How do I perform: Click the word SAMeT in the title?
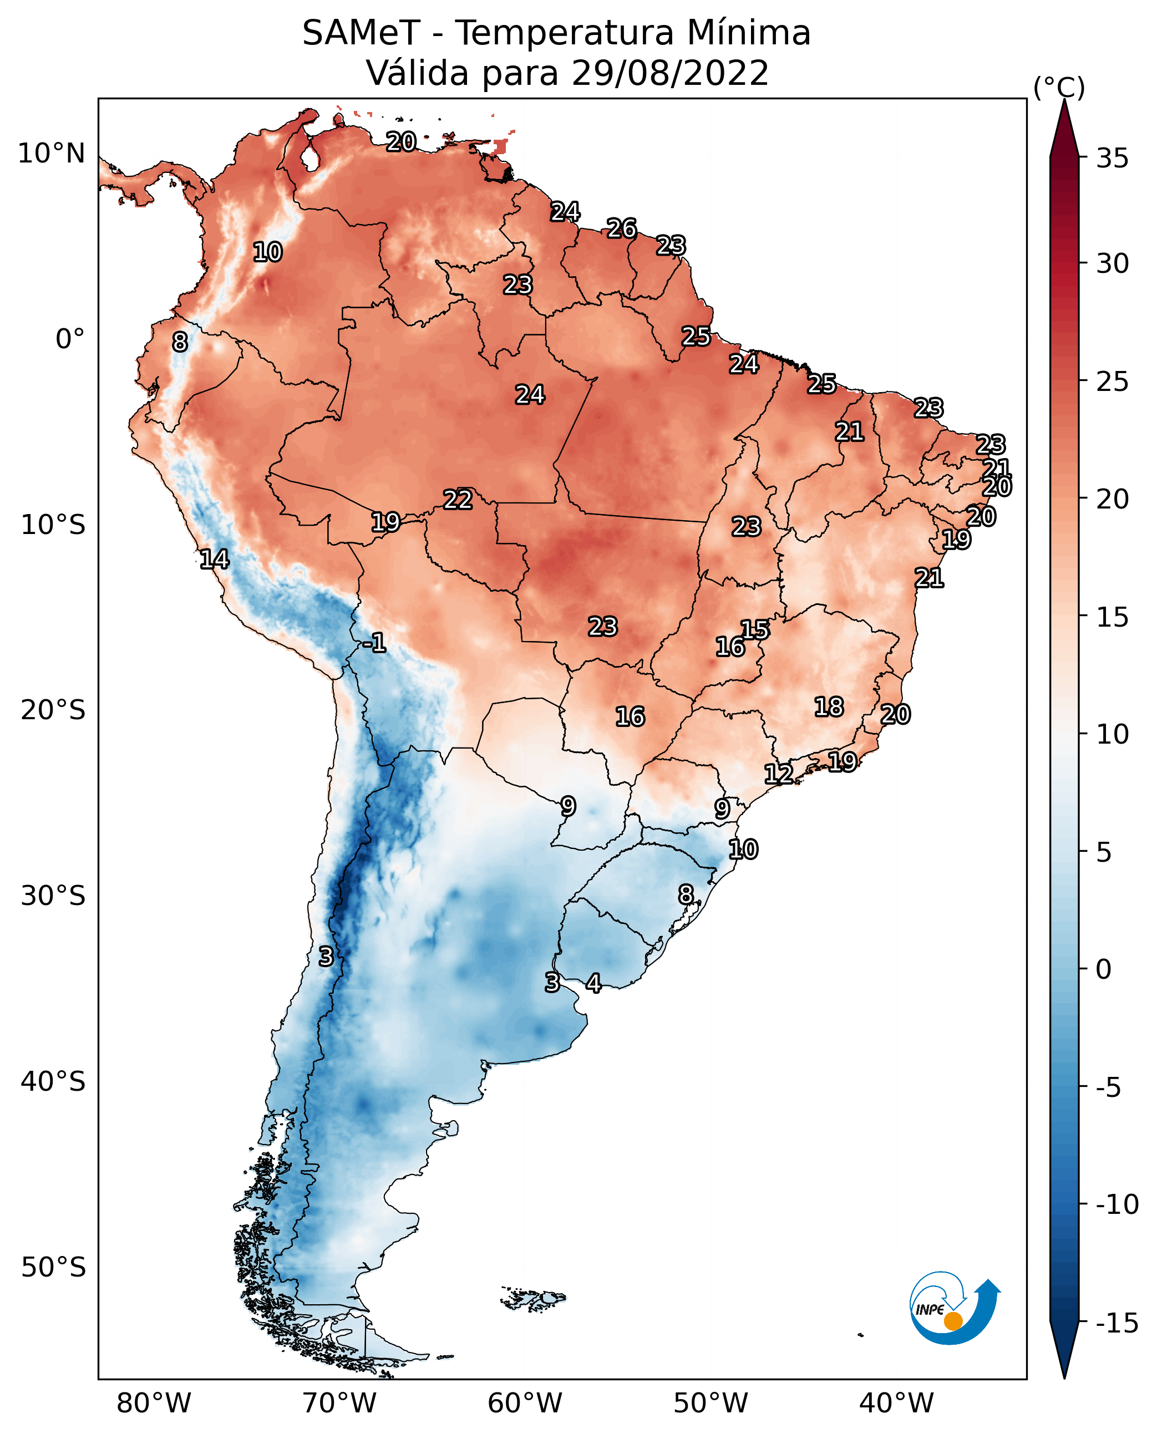pos(361,33)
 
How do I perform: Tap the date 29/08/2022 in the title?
pos(670,73)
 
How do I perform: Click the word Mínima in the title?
pos(748,33)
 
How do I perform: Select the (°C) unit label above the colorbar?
pos(1059,87)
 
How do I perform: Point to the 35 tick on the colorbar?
pos(1112,159)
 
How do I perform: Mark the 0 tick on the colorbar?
pos(1104,969)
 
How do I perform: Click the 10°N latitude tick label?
pos(52,154)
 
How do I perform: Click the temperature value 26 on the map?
pos(621,228)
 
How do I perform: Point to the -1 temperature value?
pos(374,642)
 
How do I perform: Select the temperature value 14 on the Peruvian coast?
pos(215,559)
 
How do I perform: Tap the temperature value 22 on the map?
pos(458,499)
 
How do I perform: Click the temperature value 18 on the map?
pos(829,706)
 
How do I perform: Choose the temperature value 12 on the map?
pos(778,774)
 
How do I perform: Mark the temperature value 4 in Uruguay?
pos(593,983)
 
